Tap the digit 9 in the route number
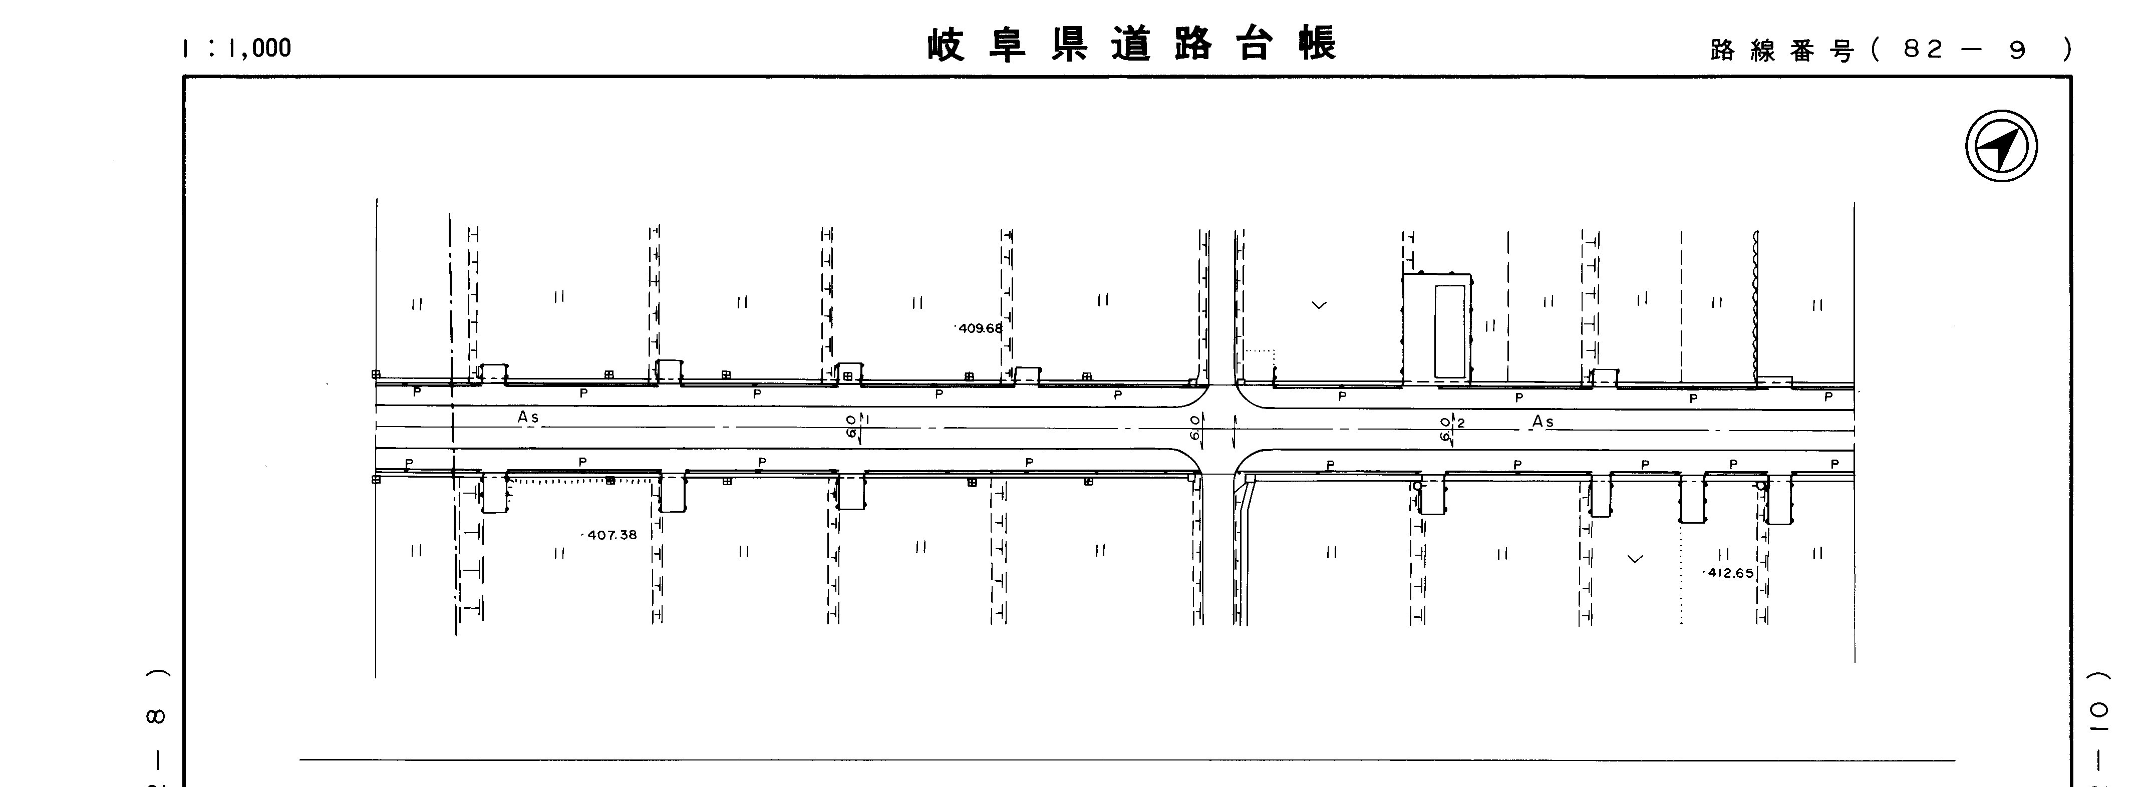(x=2018, y=50)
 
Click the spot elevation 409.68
(x=980, y=328)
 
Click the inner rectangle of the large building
(x=1449, y=331)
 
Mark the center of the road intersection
(x=1218, y=429)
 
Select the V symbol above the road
(x=1319, y=305)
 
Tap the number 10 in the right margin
(x=2099, y=723)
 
